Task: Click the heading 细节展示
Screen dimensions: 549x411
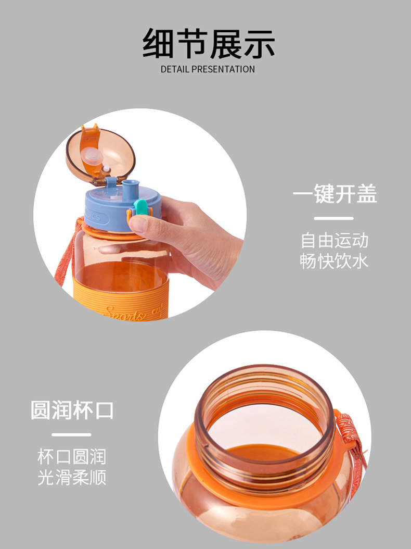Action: click(208, 44)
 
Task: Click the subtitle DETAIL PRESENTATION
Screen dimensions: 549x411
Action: click(208, 69)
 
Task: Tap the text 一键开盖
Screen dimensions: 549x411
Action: click(335, 194)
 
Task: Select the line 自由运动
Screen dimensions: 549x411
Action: click(335, 241)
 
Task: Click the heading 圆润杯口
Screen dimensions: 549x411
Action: click(72, 410)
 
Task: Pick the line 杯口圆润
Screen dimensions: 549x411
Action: click(72, 457)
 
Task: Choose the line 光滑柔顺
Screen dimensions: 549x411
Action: click(72, 477)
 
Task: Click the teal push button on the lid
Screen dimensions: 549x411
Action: click(140, 207)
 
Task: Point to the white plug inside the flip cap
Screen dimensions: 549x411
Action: click(92, 155)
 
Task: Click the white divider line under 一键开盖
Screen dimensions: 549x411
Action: click(334, 218)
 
